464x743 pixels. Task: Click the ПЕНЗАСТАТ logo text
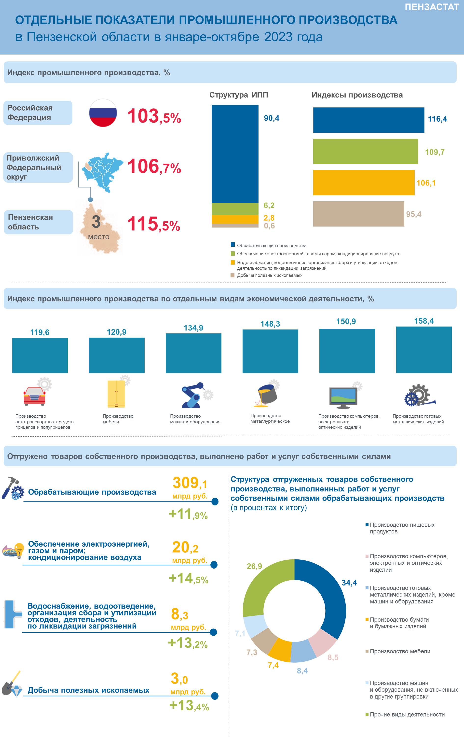(432, 7)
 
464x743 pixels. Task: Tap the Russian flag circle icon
(103, 113)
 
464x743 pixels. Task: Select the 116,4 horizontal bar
(368, 120)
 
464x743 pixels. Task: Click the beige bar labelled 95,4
(358, 214)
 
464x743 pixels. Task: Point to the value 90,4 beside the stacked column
(272, 118)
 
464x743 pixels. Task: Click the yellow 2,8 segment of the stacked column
(235, 219)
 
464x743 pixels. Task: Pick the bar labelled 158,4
(424, 350)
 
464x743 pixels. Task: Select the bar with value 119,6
(40, 356)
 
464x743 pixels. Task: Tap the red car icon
(34, 396)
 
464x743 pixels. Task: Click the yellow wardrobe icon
(116, 394)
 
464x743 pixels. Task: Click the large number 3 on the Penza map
(96, 222)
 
